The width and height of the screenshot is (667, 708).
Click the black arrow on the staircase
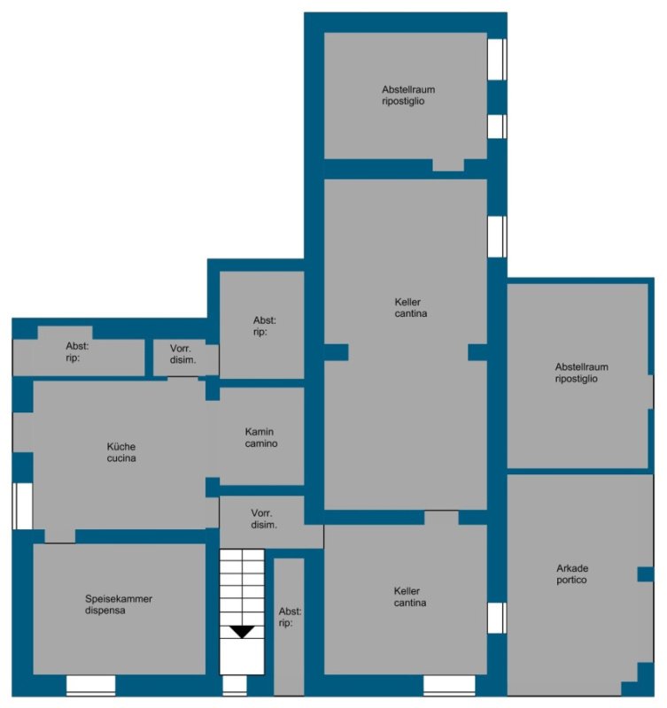coord(242,632)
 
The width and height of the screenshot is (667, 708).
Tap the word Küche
coord(121,447)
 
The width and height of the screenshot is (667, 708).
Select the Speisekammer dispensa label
coord(119,604)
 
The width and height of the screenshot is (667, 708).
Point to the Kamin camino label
coord(260,437)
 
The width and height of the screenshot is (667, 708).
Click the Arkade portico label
coord(572,573)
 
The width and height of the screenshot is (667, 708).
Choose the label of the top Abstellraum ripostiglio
coord(408,96)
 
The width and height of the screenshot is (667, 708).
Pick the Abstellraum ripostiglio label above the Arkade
coord(581,373)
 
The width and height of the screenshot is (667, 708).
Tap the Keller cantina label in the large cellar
coord(410,307)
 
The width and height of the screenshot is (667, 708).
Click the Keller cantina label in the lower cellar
coord(409,596)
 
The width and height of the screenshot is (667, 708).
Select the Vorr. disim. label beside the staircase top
coord(263,519)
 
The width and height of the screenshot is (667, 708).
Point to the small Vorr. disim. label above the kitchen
coord(182,354)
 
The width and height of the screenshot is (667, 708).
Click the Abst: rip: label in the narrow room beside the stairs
coord(290,617)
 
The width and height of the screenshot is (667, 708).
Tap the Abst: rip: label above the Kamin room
coord(264,326)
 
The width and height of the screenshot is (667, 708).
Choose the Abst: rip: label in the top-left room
coord(77,351)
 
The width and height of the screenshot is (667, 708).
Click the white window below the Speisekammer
coord(91,685)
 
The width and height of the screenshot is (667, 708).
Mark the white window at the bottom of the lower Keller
coord(449,685)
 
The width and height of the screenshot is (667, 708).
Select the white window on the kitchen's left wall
coord(22,505)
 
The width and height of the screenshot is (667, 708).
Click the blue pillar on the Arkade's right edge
coord(646,574)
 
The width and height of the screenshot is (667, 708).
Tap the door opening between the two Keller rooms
coord(441,518)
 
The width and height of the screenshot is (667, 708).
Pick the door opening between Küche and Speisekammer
coord(59,536)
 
